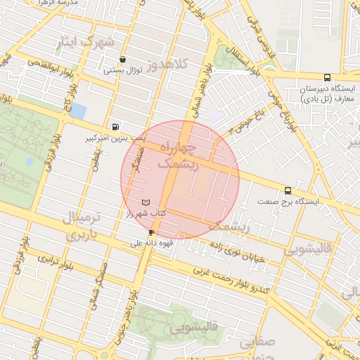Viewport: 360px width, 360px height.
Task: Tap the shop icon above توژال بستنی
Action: [x=124, y=60]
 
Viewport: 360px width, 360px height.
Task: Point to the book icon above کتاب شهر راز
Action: [x=146, y=202]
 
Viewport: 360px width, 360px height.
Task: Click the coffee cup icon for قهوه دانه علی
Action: [x=151, y=232]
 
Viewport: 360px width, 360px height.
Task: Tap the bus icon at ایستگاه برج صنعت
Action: [x=288, y=191]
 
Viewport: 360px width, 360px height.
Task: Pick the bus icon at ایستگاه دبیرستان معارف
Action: [x=326, y=78]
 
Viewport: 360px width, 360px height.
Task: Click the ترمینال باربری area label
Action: [x=84, y=226]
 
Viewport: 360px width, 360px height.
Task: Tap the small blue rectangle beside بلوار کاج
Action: [x=79, y=111]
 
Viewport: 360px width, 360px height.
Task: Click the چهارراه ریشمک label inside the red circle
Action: [x=178, y=155]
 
